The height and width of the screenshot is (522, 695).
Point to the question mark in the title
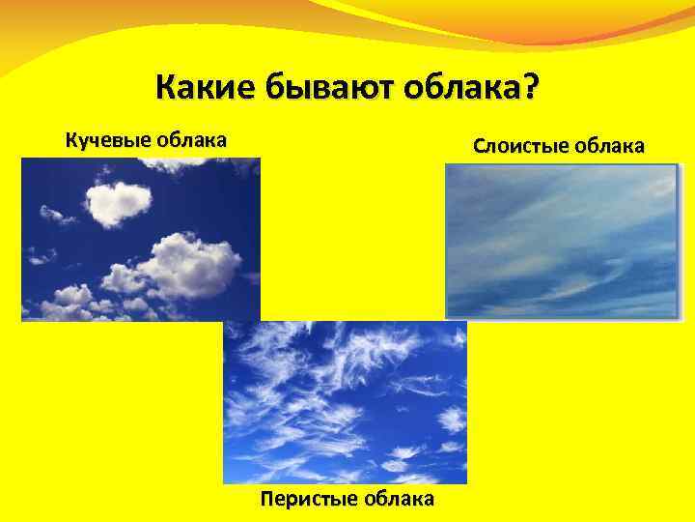point(532,90)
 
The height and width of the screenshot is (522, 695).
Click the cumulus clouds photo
point(141,239)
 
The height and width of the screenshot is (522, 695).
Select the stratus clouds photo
point(562,241)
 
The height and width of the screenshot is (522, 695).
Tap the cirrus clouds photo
point(345,402)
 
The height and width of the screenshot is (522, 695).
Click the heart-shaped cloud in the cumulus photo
point(118,201)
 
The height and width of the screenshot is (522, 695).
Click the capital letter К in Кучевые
point(70,140)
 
